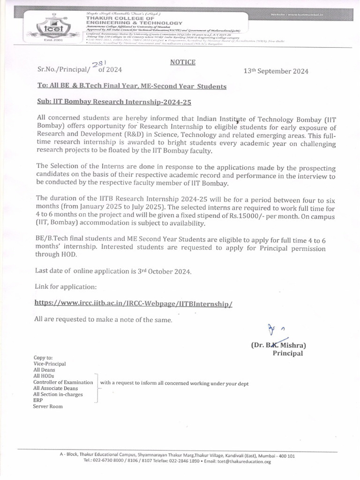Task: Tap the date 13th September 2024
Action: (x=276, y=71)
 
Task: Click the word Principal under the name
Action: (x=288, y=353)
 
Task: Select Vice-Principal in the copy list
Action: (x=50, y=363)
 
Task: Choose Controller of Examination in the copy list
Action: (x=63, y=382)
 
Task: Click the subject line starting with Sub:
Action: (x=115, y=101)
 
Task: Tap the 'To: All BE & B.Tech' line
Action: (x=131, y=86)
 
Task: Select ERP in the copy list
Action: (x=38, y=400)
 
